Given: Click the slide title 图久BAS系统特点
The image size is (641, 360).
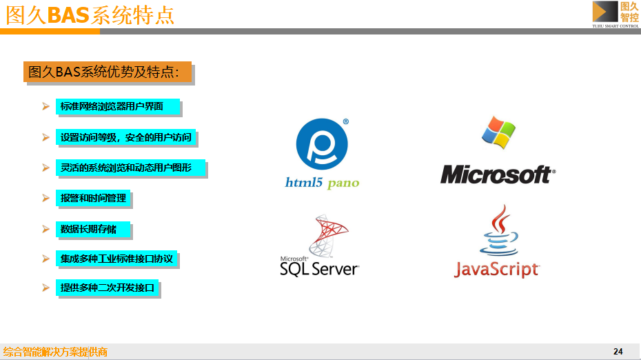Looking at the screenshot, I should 90,14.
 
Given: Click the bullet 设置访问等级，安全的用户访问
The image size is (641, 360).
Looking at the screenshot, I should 126,137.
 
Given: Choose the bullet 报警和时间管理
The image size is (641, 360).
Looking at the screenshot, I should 93,198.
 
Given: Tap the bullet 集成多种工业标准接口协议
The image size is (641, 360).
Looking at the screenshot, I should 116,259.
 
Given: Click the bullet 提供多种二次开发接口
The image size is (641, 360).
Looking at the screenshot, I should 108,288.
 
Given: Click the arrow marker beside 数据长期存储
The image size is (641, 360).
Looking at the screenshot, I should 45,229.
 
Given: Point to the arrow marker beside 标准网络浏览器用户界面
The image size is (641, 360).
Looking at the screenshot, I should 45,107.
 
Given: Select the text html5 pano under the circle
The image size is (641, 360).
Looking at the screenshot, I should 322,183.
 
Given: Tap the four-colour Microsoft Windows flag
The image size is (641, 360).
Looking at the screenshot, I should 498,132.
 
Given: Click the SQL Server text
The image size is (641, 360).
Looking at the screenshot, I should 319,268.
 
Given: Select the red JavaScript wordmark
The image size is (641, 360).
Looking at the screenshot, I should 496,268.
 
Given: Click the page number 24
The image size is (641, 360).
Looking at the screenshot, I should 618,352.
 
